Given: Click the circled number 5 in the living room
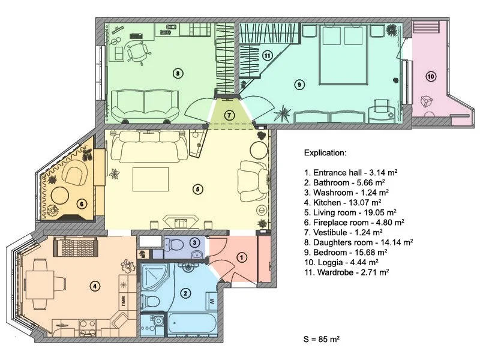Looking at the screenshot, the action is click(x=198, y=189).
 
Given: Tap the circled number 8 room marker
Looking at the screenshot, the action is click(x=178, y=73).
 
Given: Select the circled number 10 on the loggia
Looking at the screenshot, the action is click(x=431, y=76).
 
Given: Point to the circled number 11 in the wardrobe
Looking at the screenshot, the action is click(x=267, y=56).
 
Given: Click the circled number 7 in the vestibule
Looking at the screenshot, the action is click(x=229, y=115).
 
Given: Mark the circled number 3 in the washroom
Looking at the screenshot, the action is click(x=194, y=243).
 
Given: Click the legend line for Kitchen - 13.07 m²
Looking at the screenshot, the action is click(x=343, y=203).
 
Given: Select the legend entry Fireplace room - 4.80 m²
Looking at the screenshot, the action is click(x=354, y=223).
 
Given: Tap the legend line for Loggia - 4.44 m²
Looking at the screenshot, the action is click(x=341, y=262).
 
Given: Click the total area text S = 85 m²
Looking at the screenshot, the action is click(x=322, y=339).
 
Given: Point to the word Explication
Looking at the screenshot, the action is click(x=325, y=153).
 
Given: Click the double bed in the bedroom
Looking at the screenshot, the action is click(x=343, y=55).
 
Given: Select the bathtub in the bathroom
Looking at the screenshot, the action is click(x=192, y=323).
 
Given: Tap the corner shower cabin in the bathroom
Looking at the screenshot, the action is click(x=155, y=278).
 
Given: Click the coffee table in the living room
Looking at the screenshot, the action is click(x=151, y=179).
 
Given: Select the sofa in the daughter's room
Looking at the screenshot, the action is click(x=145, y=106).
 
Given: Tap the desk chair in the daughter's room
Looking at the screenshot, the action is click(x=139, y=52).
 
